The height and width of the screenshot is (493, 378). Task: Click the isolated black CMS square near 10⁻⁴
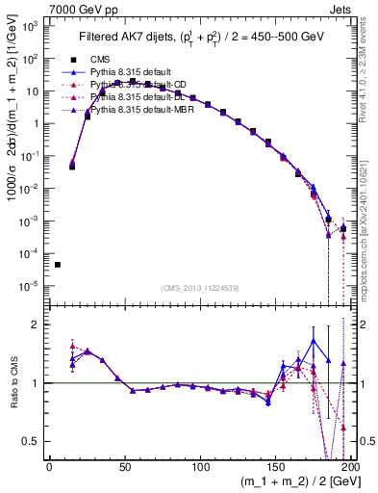58,265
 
